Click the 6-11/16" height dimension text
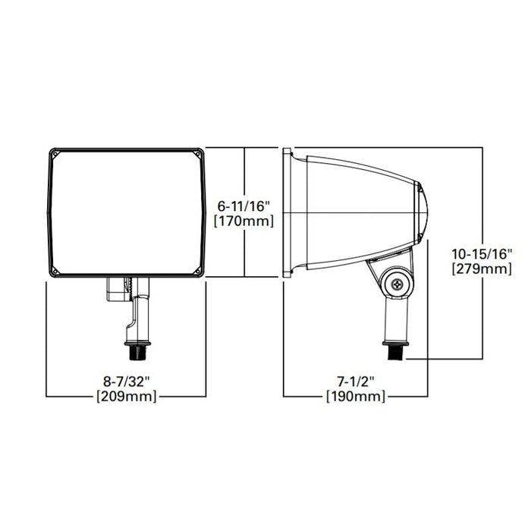click(244, 206)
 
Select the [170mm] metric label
click(244, 221)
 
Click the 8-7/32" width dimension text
click(127, 382)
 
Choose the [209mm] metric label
click(127, 397)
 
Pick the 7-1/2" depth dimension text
click(355, 382)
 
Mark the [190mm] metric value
click(355, 397)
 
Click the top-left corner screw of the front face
click(55, 154)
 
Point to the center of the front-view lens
click(127, 212)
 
